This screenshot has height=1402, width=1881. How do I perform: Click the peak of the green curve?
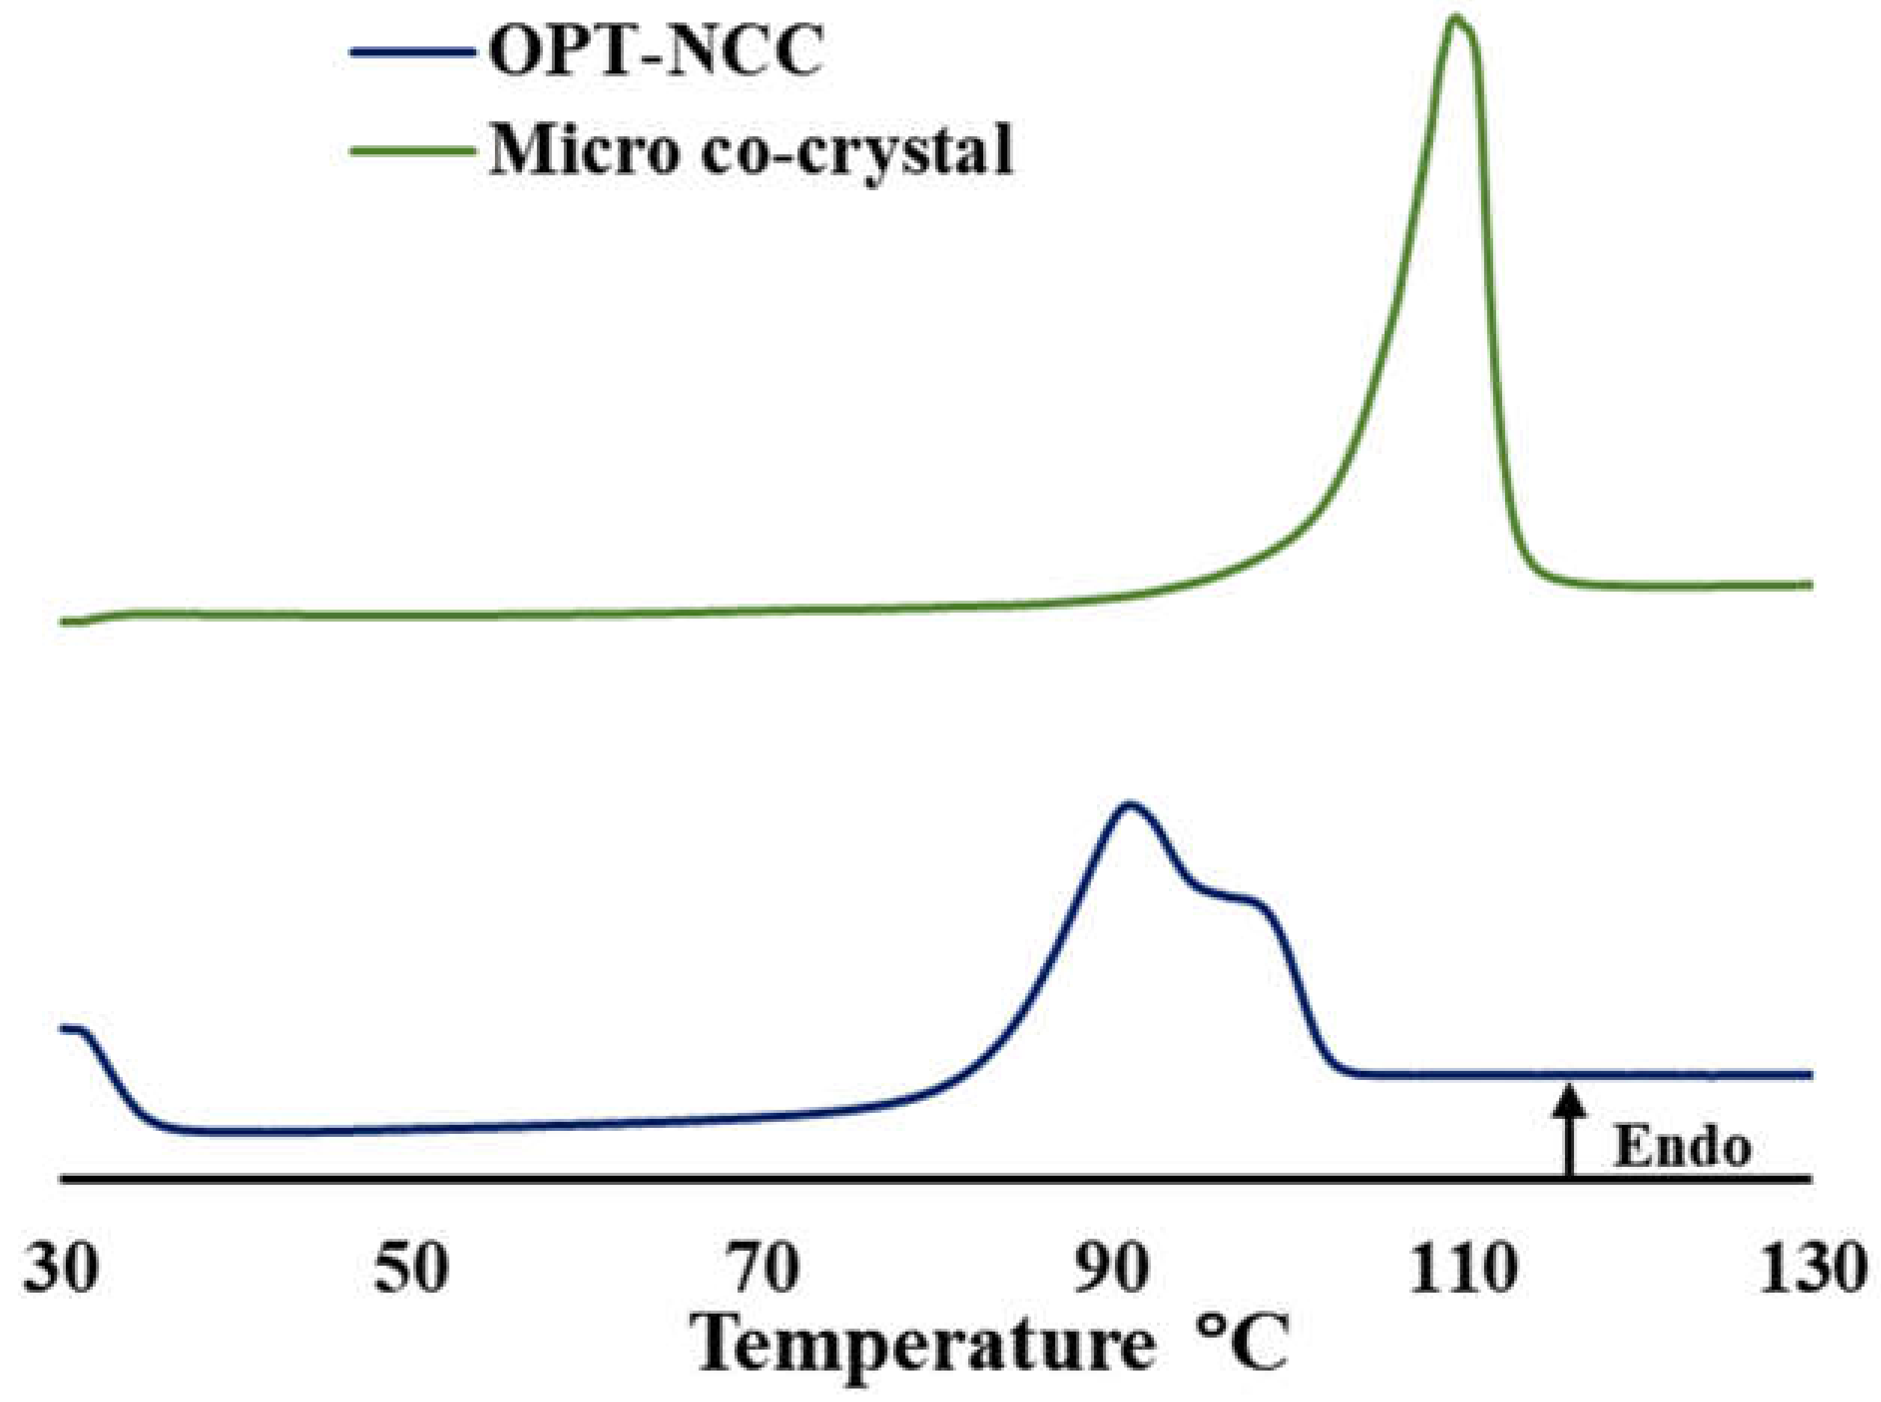1456,19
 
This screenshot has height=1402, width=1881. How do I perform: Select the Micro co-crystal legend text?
751,151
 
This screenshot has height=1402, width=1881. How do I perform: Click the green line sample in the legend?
412,151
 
